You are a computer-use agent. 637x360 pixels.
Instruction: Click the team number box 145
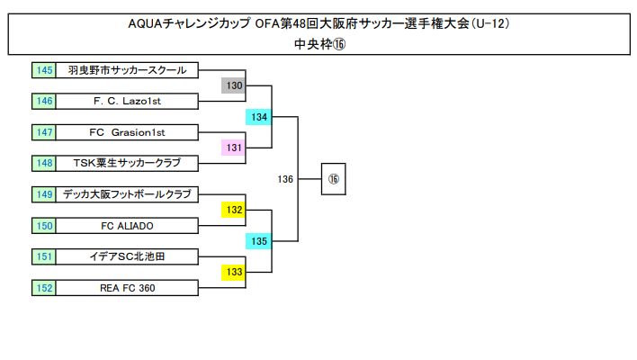[x=44, y=69]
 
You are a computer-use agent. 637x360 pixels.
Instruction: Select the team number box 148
[x=44, y=163]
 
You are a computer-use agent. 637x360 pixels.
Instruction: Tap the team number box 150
[x=44, y=225]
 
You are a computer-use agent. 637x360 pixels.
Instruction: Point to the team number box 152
[x=44, y=288]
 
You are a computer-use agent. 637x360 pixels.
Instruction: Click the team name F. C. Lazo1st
[x=127, y=101]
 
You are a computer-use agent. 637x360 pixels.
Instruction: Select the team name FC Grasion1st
[x=127, y=132]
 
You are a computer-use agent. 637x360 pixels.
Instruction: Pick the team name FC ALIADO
[x=127, y=225]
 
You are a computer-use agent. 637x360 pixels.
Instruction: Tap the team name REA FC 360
[x=127, y=288]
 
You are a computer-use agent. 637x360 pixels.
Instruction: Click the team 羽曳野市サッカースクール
[x=127, y=69]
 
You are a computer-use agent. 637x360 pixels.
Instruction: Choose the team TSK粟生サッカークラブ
[x=127, y=163]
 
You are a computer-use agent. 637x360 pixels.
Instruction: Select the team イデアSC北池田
[x=127, y=256]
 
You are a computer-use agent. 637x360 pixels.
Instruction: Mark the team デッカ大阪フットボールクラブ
[x=127, y=193]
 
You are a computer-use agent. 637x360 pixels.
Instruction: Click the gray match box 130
[x=234, y=85]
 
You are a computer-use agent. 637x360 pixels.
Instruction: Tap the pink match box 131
[x=234, y=148]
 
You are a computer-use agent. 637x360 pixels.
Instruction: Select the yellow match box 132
[x=234, y=210]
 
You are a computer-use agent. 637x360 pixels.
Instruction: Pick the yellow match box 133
[x=234, y=272]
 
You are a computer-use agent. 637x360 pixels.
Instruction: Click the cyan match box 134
[x=259, y=117]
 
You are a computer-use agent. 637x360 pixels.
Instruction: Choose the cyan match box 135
[x=259, y=241]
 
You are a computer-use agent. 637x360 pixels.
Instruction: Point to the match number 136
[x=285, y=179]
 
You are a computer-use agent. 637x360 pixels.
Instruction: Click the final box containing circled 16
[x=333, y=179]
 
